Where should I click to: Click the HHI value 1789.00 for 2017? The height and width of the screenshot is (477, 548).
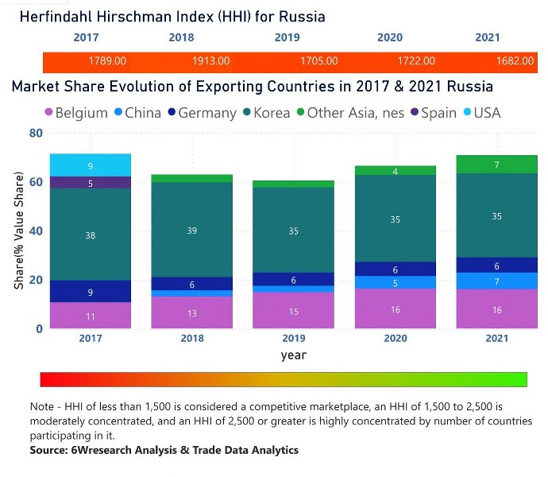coord(108,61)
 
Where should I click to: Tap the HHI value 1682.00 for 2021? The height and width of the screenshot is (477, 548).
coord(515,61)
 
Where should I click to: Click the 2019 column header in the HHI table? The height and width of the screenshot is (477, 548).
coord(287,37)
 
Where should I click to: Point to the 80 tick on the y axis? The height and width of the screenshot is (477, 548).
coord(34,133)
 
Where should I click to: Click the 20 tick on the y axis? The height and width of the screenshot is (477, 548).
coord(34,280)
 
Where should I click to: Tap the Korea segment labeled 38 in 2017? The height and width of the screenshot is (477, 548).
coord(90,235)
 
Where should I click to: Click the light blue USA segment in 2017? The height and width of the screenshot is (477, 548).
coord(90,165)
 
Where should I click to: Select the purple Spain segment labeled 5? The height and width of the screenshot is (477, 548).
coord(90,183)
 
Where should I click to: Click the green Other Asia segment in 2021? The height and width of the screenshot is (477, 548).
coord(497,165)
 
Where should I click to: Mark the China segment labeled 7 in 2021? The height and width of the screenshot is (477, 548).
coord(497,281)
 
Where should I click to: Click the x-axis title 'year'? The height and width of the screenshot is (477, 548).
coord(293,355)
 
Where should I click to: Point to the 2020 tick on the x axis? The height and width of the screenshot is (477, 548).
coord(395,338)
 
